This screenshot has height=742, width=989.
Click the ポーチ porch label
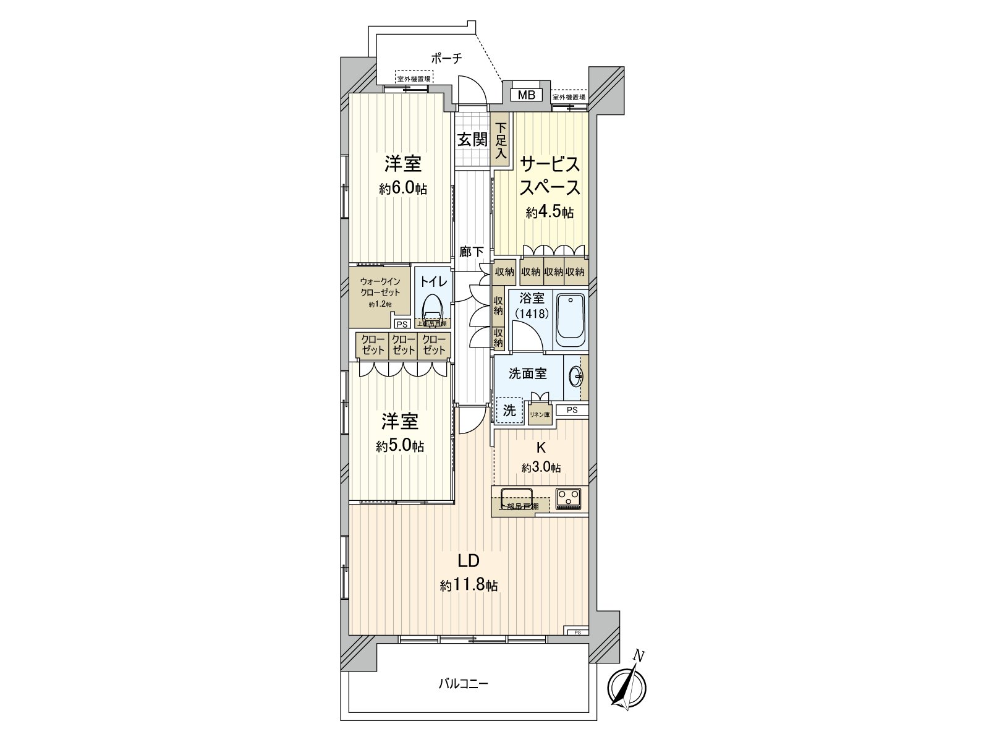[446, 59]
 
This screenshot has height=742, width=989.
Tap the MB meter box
[526, 95]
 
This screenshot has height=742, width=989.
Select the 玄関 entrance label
[472, 139]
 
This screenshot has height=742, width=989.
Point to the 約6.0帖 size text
[403, 189]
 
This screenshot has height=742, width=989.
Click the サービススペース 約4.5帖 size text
[550, 213]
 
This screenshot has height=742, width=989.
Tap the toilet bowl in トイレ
[433, 307]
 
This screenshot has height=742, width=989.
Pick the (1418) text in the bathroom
[530, 313]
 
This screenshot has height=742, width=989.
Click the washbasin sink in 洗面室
[575, 375]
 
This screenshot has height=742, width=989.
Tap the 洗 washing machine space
[509, 410]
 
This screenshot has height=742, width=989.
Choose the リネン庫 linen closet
[538, 414]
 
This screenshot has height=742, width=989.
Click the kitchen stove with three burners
[567, 498]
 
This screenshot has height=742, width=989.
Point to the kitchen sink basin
[517, 497]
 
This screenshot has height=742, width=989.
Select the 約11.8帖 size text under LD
[469, 586]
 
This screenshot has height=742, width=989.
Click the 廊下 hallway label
[472, 252]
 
